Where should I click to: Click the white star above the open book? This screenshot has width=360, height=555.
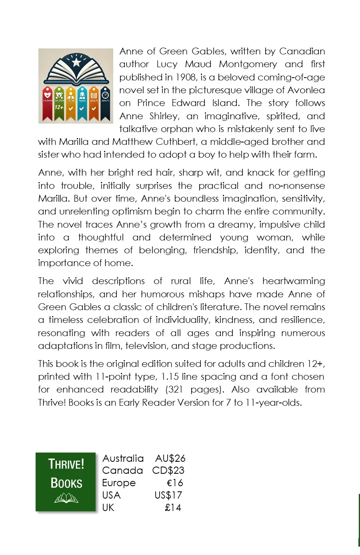(76, 62)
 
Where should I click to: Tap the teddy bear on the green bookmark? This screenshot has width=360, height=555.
(59, 95)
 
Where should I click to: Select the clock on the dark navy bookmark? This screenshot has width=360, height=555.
(105, 95)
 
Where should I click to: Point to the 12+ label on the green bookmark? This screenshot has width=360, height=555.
(59, 107)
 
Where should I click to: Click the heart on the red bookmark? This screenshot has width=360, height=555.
(48, 95)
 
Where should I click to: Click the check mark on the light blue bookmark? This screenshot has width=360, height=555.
(82, 108)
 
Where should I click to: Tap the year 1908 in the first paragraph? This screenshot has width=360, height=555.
(185, 77)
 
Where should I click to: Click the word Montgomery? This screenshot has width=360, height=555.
(248, 64)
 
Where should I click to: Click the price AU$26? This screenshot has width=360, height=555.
(170, 458)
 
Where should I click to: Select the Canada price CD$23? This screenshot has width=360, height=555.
(168, 471)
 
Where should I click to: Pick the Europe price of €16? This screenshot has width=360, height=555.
(175, 483)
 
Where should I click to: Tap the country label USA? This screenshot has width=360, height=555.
(111, 495)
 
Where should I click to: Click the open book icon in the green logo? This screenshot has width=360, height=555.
(66, 498)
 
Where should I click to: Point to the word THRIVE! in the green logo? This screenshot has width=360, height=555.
(66, 464)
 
